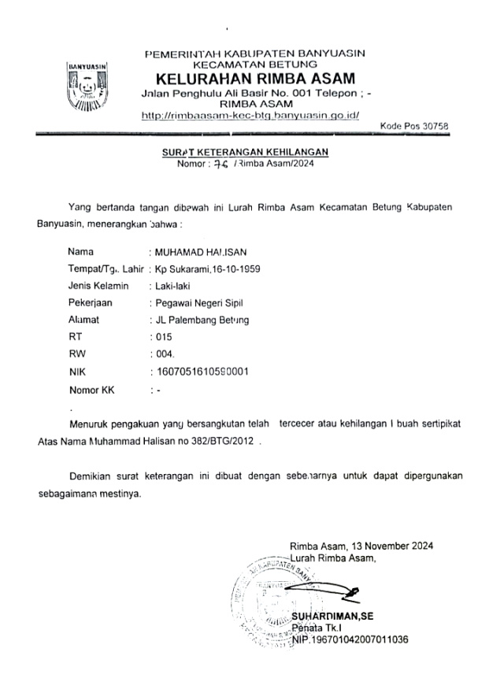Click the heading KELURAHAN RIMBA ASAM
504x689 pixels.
(255, 79)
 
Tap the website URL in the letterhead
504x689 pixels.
(250, 116)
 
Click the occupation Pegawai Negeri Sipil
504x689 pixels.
(197, 303)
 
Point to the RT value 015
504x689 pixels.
(163, 337)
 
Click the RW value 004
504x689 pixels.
(163, 354)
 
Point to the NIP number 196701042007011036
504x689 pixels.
(350, 639)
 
